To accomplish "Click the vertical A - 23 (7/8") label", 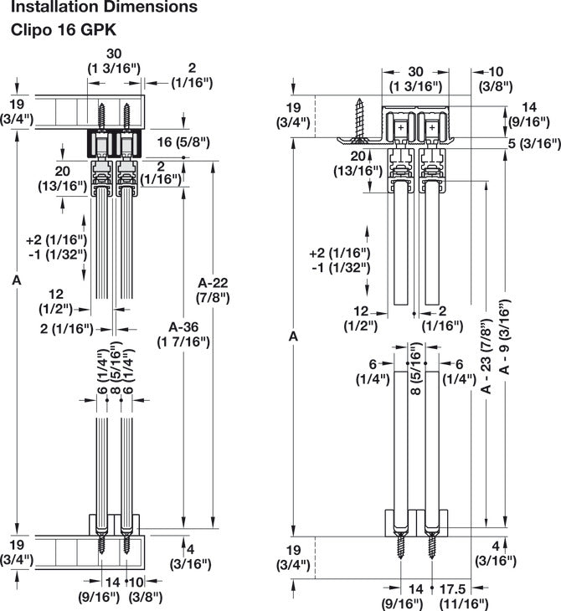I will click(x=486, y=356).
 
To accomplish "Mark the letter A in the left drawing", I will click(x=16, y=282).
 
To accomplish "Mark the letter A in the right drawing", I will click(x=292, y=336).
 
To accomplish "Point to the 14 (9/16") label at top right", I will click(x=530, y=114).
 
